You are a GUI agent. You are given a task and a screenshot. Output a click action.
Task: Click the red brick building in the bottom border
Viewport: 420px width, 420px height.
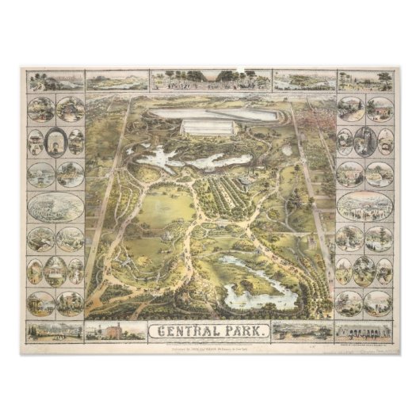[x=114, y=330]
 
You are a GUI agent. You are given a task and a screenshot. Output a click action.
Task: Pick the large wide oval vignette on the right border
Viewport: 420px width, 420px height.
[x=365, y=206]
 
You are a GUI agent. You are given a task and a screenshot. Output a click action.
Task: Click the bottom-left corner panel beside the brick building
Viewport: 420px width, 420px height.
[x=55, y=330]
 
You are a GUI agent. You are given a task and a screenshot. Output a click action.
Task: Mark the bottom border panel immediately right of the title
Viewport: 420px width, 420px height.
[x=303, y=330]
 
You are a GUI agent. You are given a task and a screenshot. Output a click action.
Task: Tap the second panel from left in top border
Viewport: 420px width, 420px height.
[x=116, y=80]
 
